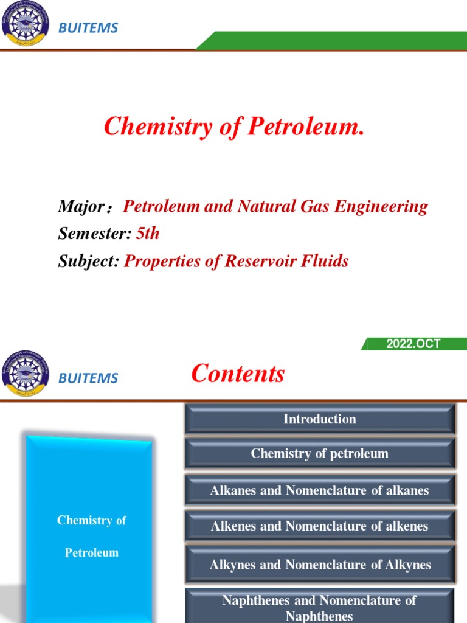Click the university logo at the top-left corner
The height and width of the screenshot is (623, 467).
pyautogui.click(x=26, y=25)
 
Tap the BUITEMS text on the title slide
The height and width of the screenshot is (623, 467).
pyautogui.click(x=88, y=28)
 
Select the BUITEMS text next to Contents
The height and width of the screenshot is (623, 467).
pyautogui.click(x=88, y=378)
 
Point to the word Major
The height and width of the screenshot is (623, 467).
pyautogui.click(x=81, y=207)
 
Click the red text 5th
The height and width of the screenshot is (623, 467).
pyautogui.click(x=148, y=234)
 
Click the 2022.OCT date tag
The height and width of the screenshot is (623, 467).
pyautogui.click(x=413, y=344)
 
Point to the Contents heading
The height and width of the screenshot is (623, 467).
pyautogui.click(x=238, y=374)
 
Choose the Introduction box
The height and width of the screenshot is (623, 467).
pyautogui.click(x=319, y=419)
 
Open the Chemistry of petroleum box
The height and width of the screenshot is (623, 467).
pyautogui.click(x=319, y=454)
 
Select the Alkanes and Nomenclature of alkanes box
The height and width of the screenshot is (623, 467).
pyautogui.click(x=319, y=490)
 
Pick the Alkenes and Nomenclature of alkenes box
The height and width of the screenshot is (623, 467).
pyautogui.click(x=319, y=526)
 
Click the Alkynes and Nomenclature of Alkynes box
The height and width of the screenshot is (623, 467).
pyautogui.click(x=319, y=565)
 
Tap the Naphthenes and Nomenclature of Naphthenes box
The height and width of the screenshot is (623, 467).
pyautogui.click(x=319, y=607)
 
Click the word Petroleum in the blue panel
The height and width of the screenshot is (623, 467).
pyautogui.click(x=92, y=553)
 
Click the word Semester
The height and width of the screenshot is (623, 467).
pyautogui.click(x=94, y=234)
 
